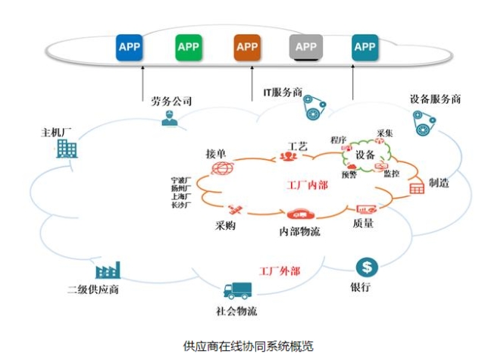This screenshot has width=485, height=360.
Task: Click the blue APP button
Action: tap(130, 47)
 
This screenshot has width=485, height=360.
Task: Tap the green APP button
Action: tap(188, 47)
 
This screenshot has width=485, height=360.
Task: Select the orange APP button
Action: tap(247, 47)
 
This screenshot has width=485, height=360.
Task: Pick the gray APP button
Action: tap(305, 47)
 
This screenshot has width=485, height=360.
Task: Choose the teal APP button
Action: tap(365, 47)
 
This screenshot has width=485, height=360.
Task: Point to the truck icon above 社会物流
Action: tap(237, 290)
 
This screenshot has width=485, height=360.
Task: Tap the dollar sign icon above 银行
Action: tap(368, 267)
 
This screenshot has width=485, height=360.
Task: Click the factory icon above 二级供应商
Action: tap(108, 271)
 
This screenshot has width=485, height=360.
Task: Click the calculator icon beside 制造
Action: tap(416, 187)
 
